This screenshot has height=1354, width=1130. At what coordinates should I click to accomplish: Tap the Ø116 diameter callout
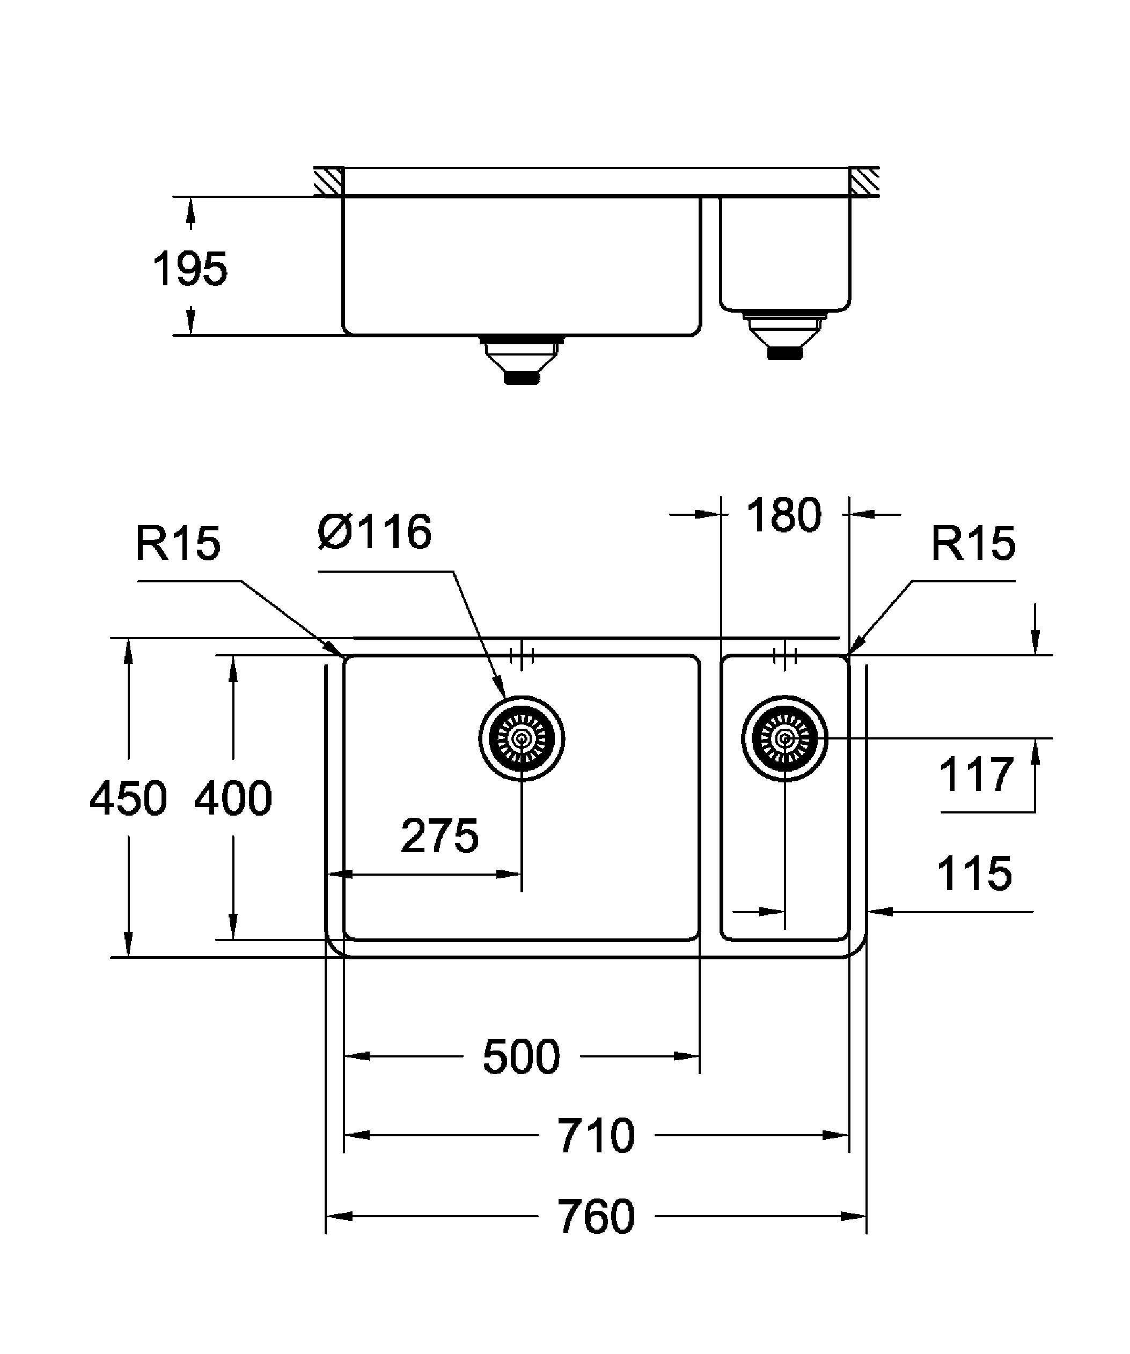point(375,532)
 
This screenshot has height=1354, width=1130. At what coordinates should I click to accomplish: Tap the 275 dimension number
point(439,836)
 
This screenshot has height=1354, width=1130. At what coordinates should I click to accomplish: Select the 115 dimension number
point(974,874)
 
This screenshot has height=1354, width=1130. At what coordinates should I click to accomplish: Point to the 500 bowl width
point(521,1057)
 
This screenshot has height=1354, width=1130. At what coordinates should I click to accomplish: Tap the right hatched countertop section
point(864,182)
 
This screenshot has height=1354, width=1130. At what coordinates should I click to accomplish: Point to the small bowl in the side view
point(785,255)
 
